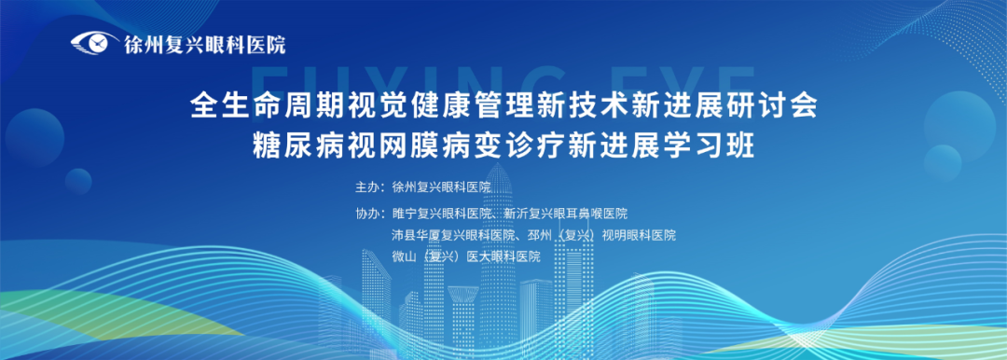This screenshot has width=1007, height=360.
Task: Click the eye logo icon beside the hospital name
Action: pyautogui.click(x=94, y=44)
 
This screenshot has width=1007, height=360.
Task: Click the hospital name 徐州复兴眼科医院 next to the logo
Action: pyautogui.click(x=204, y=45)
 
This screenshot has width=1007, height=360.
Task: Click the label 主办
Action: pyautogui.click(x=366, y=187)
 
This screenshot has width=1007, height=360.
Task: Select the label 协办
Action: pyautogui.click(x=366, y=212)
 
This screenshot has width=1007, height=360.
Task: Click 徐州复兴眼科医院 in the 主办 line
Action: pyautogui.click(x=441, y=187)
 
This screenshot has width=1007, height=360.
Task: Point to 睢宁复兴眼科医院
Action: pyautogui.click(x=442, y=212)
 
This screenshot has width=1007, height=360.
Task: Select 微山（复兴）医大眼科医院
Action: pyautogui.click(x=466, y=256)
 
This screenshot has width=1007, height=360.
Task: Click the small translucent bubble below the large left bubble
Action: pyautogui.click(x=78, y=181)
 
